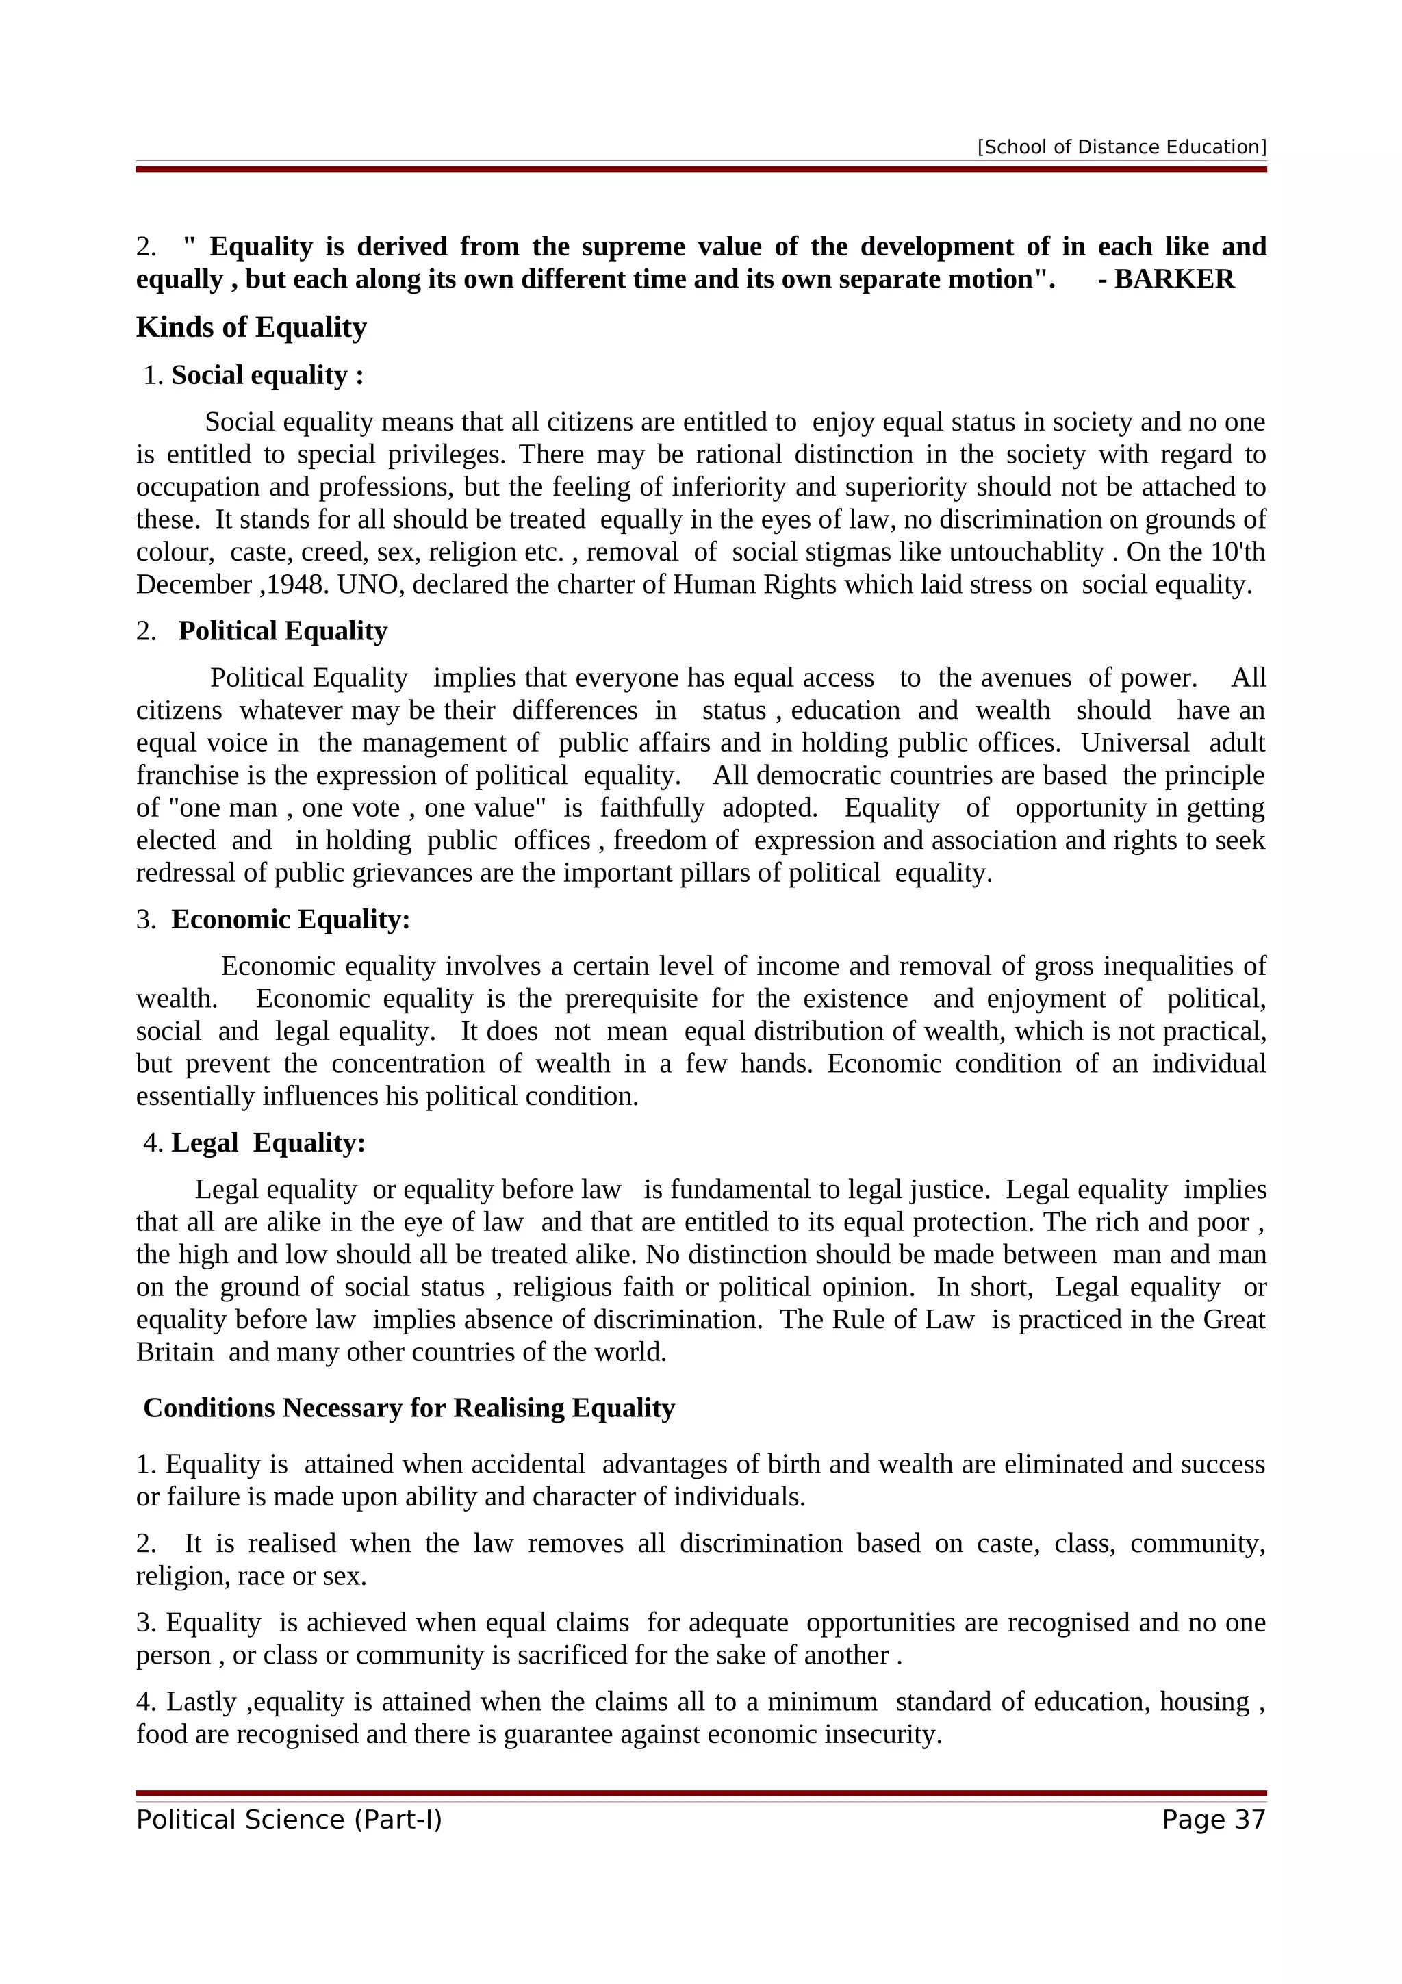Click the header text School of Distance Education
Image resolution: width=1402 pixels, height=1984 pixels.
pos(1121,147)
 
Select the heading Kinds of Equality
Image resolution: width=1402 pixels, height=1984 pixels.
pos(251,327)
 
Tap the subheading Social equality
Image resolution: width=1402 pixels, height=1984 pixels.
pos(266,375)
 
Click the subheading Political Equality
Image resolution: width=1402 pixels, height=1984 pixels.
pos(283,631)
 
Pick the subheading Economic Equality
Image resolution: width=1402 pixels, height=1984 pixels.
pos(290,919)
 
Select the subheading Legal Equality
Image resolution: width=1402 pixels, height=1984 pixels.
pos(268,1143)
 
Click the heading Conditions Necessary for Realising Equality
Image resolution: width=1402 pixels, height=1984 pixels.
pos(409,1408)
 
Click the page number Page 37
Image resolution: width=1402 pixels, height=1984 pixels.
pos(1213,1820)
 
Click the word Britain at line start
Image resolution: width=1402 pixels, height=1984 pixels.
pos(175,1352)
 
